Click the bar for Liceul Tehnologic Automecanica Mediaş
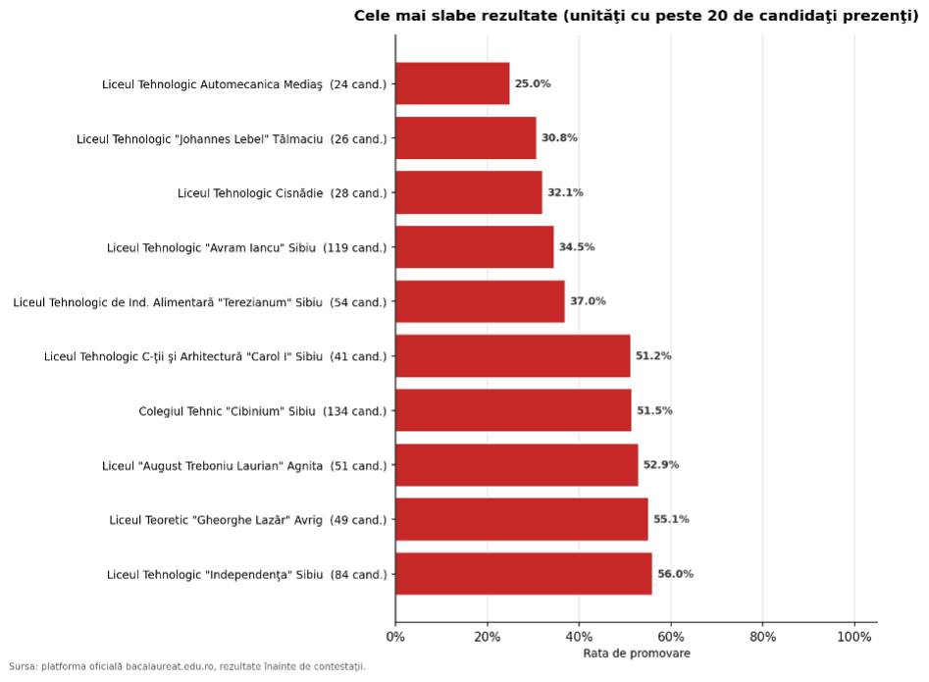pyautogui.click(x=452, y=83)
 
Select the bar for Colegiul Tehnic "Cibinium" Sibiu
pyautogui.click(x=514, y=410)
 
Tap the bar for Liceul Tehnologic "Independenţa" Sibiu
pyautogui.click(x=524, y=574)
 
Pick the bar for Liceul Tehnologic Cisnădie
pyautogui.click(x=469, y=192)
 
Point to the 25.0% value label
pyautogui.click(x=533, y=83)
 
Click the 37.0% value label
pyautogui.click(x=588, y=301)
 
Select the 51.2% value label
pyautogui.click(x=653, y=355)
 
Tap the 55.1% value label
pyautogui.click(x=671, y=519)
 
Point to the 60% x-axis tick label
pyautogui.click(x=671, y=637)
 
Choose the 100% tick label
pyautogui.click(x=854, y=637)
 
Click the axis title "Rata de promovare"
pyautogui.click(x=637, y=653)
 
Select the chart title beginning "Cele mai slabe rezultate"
pyautogui.click(x=637, y=16)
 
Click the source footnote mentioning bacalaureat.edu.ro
pyautogui.click(x=187, y=666)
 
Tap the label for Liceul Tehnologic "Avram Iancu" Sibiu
pyautogui.click(x=246, y=247)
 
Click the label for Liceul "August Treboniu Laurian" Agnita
pyautogui.click(x=244, y=466)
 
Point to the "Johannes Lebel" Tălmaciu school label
pyautogui.click(x=232, y=138)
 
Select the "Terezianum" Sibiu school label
pyautogui.click(x=200, y=302)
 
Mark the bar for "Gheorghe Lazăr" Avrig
pyautogui.click(x=522, y=519)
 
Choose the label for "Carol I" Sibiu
pyautogui.click(x=215, y=357)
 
